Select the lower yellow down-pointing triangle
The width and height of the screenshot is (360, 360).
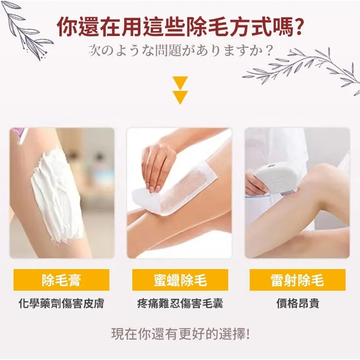pos(180,97)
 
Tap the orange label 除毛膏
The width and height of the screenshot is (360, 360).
pos(61,280)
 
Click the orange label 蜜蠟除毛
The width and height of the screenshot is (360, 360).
pos(180,280)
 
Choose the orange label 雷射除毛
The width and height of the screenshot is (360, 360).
pos(297,280)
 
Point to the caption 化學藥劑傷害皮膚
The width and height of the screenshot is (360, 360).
pos(61,304)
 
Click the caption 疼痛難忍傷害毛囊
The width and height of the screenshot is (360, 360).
pos(180,304)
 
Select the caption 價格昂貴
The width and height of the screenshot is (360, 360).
pos(297,304)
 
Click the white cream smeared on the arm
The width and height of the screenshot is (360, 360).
pos(56,195)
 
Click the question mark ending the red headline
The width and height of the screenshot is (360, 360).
pos(301,27)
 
